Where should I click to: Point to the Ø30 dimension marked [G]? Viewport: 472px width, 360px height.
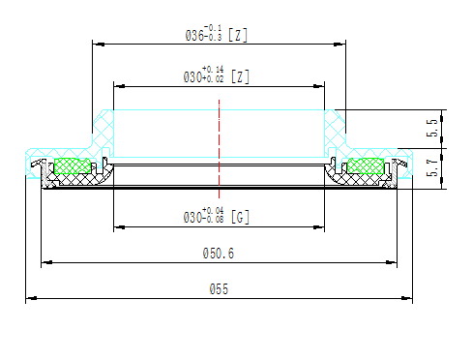tap(203, 218)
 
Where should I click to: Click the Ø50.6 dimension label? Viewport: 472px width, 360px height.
tap(219, 254)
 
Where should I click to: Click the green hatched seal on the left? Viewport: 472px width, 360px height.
tap(71, 165)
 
